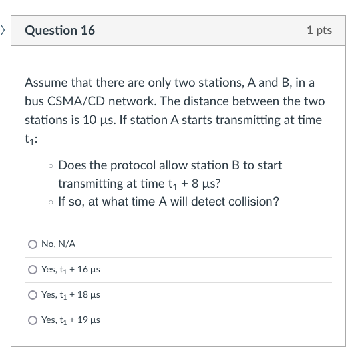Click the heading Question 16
point(60,30)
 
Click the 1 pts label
point(319,30)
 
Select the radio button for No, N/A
point(33,244)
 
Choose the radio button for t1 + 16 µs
point(33,270)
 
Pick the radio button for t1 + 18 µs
point(33,295)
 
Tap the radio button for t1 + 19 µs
point(33,320)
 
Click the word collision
point(254,201)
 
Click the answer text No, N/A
point(58,244)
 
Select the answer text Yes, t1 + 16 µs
point(71,270)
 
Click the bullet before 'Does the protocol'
point(51,165)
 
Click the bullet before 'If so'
point(51,202)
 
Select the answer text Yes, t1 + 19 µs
point(71,320)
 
